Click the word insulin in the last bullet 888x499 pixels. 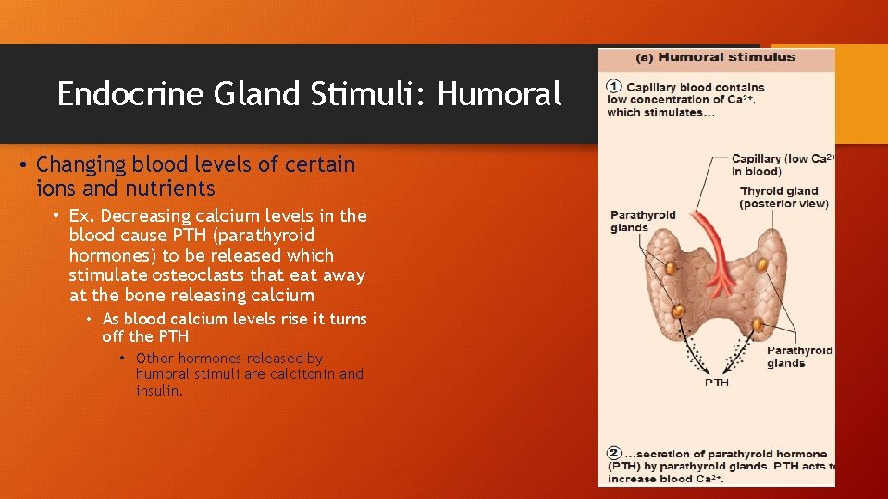pos(157,391)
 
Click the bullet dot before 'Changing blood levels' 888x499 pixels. pos(23,165)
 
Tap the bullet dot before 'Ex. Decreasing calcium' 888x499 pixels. pos(57,216)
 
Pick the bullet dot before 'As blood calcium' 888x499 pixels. pos(91,320)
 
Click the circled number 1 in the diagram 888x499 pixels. pos(614,87)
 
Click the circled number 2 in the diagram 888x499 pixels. pos(614,454)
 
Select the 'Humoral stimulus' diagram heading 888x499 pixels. pos(715,57)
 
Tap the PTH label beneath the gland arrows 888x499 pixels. pos(717,383)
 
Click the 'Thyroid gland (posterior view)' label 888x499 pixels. pos(783,198)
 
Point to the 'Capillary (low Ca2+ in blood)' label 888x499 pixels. pos(782,164)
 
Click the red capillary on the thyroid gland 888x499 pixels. pos(717,249)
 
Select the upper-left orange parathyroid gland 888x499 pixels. pos(670,269)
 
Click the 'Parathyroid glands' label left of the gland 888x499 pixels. pos(642,221)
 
